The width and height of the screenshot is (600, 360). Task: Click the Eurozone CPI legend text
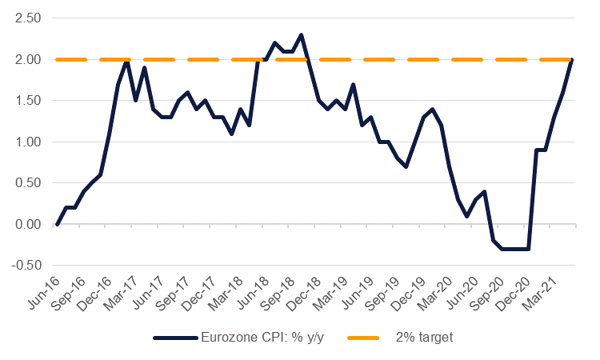[x=271, y=338]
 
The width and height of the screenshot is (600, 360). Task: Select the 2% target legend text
[x=424, y=338]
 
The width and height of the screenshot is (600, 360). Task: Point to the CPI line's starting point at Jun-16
[x=57, y=225]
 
